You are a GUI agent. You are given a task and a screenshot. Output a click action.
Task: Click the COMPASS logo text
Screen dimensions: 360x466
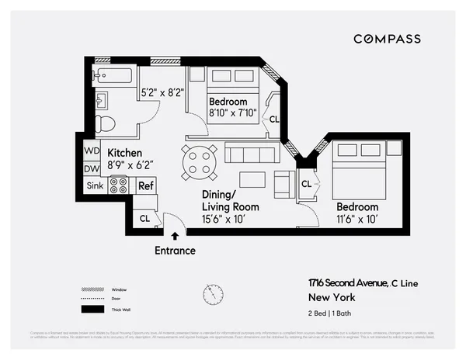click(387, 39)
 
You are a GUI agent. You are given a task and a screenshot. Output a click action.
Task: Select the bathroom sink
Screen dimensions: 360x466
click(101, 99)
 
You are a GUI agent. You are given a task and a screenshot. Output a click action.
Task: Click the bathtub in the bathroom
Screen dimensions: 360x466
click(113, 76)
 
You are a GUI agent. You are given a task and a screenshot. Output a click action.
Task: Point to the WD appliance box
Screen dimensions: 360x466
click(92, 151)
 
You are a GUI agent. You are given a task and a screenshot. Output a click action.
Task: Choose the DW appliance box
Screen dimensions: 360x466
click(92, 168)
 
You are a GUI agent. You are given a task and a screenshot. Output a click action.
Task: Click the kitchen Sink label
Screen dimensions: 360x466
click(95, 186)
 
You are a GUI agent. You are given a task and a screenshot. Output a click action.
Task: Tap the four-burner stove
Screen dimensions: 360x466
click(119, 185)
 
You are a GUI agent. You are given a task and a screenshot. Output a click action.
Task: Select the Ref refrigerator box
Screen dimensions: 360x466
click(145, 186)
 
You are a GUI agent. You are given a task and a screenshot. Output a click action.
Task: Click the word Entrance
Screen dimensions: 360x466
click(175, 251)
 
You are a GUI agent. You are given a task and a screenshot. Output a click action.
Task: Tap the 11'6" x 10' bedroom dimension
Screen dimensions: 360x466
click(356, 220)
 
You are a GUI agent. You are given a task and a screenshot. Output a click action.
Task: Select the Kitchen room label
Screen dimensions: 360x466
click(125, 153)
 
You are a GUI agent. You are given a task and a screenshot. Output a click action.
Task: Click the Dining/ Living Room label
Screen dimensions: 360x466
click(230, 202)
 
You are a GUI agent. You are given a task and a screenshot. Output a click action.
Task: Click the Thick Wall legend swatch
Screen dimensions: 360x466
click(93, 309)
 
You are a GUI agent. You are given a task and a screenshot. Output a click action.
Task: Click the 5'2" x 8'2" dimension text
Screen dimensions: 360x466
click(162, 93)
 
